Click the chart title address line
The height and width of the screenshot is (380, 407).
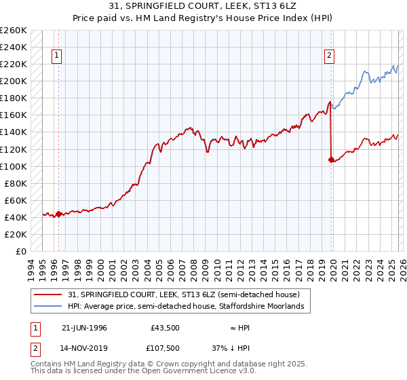coord(203,5)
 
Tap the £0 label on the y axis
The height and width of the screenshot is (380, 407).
coord(20,251)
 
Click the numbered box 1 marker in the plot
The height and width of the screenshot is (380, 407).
coord(56,56)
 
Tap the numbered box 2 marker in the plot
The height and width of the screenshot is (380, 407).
coord(330,56)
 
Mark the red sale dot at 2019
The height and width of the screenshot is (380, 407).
coord(331,160)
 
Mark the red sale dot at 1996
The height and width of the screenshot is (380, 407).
coord(59,214)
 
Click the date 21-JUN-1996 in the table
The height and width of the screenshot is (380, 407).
coord(84,328)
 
